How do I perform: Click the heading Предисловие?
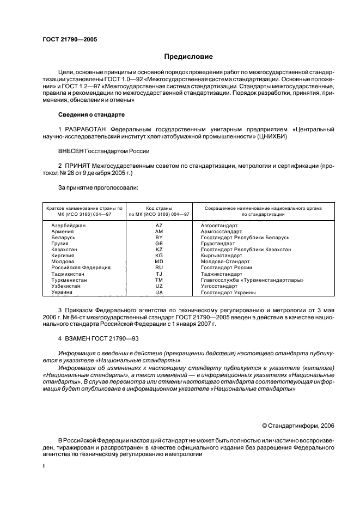pyautogui.click(x=188, y=57)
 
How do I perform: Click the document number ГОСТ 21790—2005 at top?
pyautogui.click(x=70, y=39)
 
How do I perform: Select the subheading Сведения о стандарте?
pyautogui.click(x=91, y=115)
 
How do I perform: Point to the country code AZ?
pyautogui.click(x=158, y=225)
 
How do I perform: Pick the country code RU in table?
pyautogui.click(x=158, y=268)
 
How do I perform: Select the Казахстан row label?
pyautogui.click(x=64, y=250)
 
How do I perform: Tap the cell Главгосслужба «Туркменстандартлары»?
pyautogui.click(x=252, y=280)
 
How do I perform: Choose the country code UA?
pyautogui.click(x=158, y=293)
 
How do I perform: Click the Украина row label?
pyautogui.click(x=62, y=293)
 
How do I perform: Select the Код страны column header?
pyautogui.click(x=158, y=208)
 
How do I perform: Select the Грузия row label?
pyautogui.click(x=60, y=244)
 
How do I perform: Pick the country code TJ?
pyautogui.click(x=158, y=274)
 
